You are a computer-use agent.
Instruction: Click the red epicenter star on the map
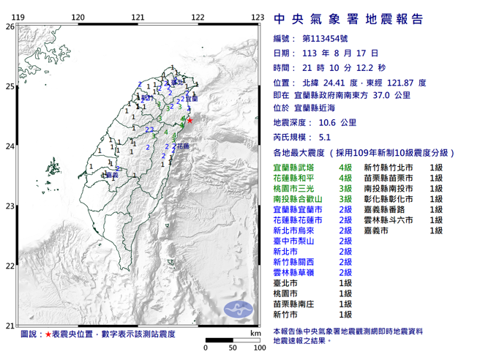click(190, 121)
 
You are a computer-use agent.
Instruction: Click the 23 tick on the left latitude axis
click(10, 206)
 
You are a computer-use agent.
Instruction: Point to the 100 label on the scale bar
click(257, 348)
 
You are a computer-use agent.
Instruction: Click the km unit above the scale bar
click(254, 333)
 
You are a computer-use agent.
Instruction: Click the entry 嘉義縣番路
click(387, 209)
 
